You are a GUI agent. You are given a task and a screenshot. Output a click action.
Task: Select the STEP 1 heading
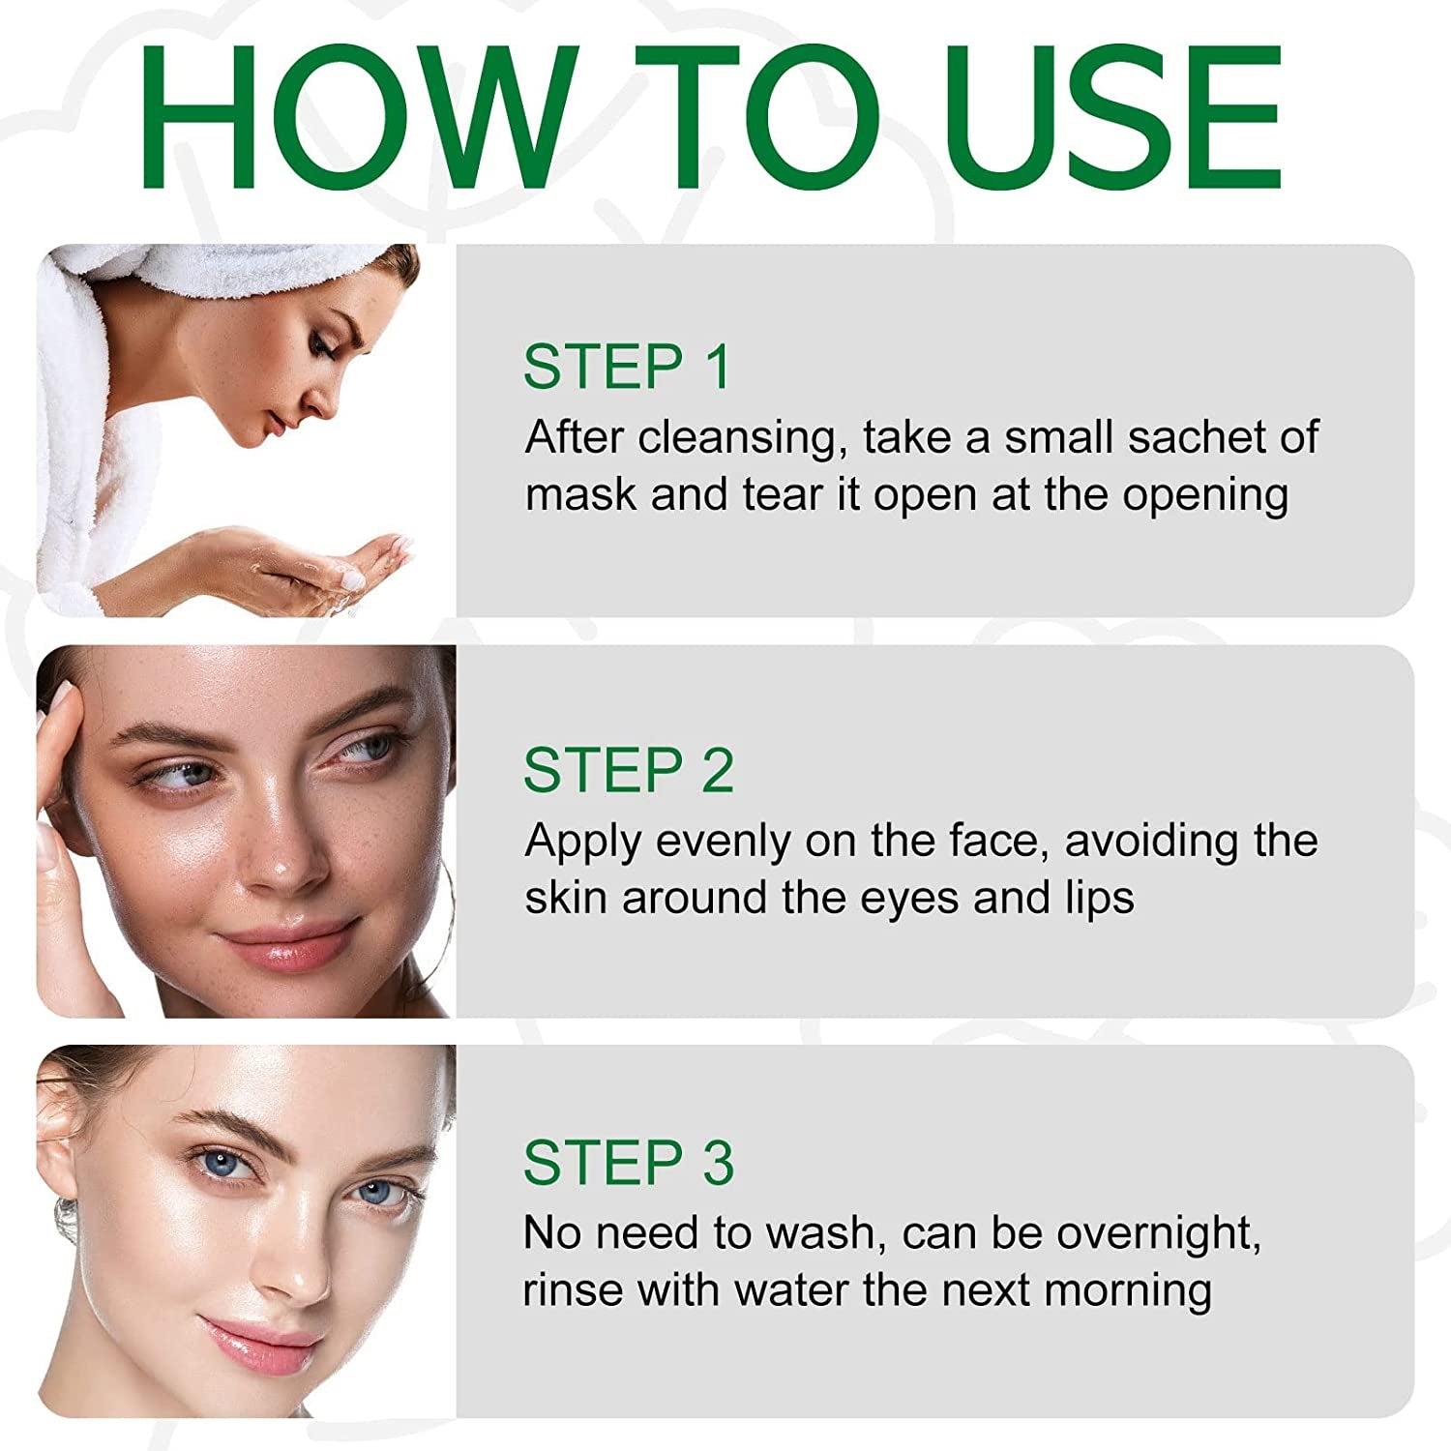(x=627, y=367)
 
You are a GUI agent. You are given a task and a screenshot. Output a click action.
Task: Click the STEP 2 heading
(x=629, y=771)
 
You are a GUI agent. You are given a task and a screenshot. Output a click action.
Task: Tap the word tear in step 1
(x=784, y=494)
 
